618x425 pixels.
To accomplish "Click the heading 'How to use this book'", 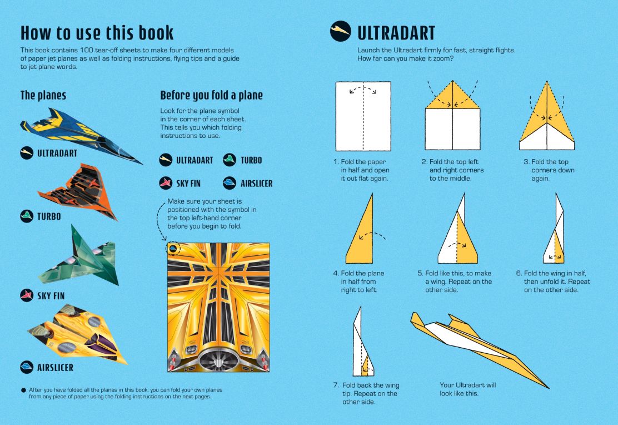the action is click(97, 33).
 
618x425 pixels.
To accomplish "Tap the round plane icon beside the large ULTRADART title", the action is click(341, 31).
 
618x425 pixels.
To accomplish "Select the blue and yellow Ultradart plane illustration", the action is click(81, 134).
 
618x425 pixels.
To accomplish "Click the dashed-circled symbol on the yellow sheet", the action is click(173, 249).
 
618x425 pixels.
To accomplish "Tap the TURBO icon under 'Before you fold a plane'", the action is click(230, 160).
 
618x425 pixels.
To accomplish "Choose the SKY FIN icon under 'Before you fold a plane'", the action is click(166, 183).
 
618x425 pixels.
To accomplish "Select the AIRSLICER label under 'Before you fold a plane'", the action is click(257, 184).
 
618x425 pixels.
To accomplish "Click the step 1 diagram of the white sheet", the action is click(363, 116).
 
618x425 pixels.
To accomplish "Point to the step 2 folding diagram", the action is click(452, 115).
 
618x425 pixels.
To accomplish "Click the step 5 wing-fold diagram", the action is click(457, 228).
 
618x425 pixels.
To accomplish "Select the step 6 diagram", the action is click(554, 228).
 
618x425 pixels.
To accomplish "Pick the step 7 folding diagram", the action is click(363, 342).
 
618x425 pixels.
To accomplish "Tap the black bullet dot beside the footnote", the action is click(23, 391).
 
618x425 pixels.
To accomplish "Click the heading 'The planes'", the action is click(43, 95).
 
